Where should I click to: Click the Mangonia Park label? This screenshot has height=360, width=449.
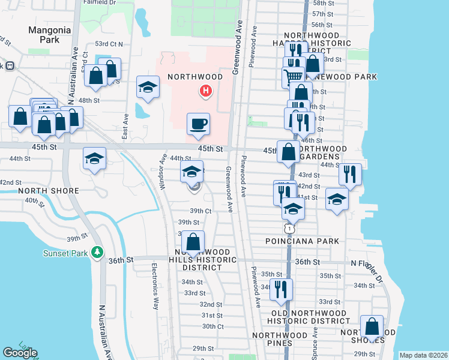pyautogui.click(x=50, y=34)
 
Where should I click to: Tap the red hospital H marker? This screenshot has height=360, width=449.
pyautogui.click(x=206, y=91)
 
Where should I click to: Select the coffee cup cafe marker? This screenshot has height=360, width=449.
pyautogui.click(x=199, y=124)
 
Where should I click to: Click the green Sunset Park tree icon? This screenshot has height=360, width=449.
pyautogui.click(x=98, y=253)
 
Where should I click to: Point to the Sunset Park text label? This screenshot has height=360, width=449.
pyautogui.click(x=65, y=253)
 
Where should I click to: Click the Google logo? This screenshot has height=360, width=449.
pyautogui.click(x=20, y=353)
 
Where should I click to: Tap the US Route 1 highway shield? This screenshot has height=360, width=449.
pyautogui.click(x=289, y=228)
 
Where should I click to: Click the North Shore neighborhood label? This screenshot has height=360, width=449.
pyautogui.click(x=49, y=191)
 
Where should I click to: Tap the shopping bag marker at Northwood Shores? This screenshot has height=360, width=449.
pyautogui.click(x=372, y=327)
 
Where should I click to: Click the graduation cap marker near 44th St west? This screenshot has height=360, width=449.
pyautogui.click(x=94, y=158)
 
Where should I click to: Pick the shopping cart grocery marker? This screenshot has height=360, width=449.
pyautogui.click(x=293, y=77)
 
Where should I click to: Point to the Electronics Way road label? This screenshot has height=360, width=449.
pyautogui.click(x=154, y=284)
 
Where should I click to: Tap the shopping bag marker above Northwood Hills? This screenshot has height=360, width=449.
pyautogui.click(x=193, y=242)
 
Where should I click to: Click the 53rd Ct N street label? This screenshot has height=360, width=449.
pyautogui.click(x=109, y=44)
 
